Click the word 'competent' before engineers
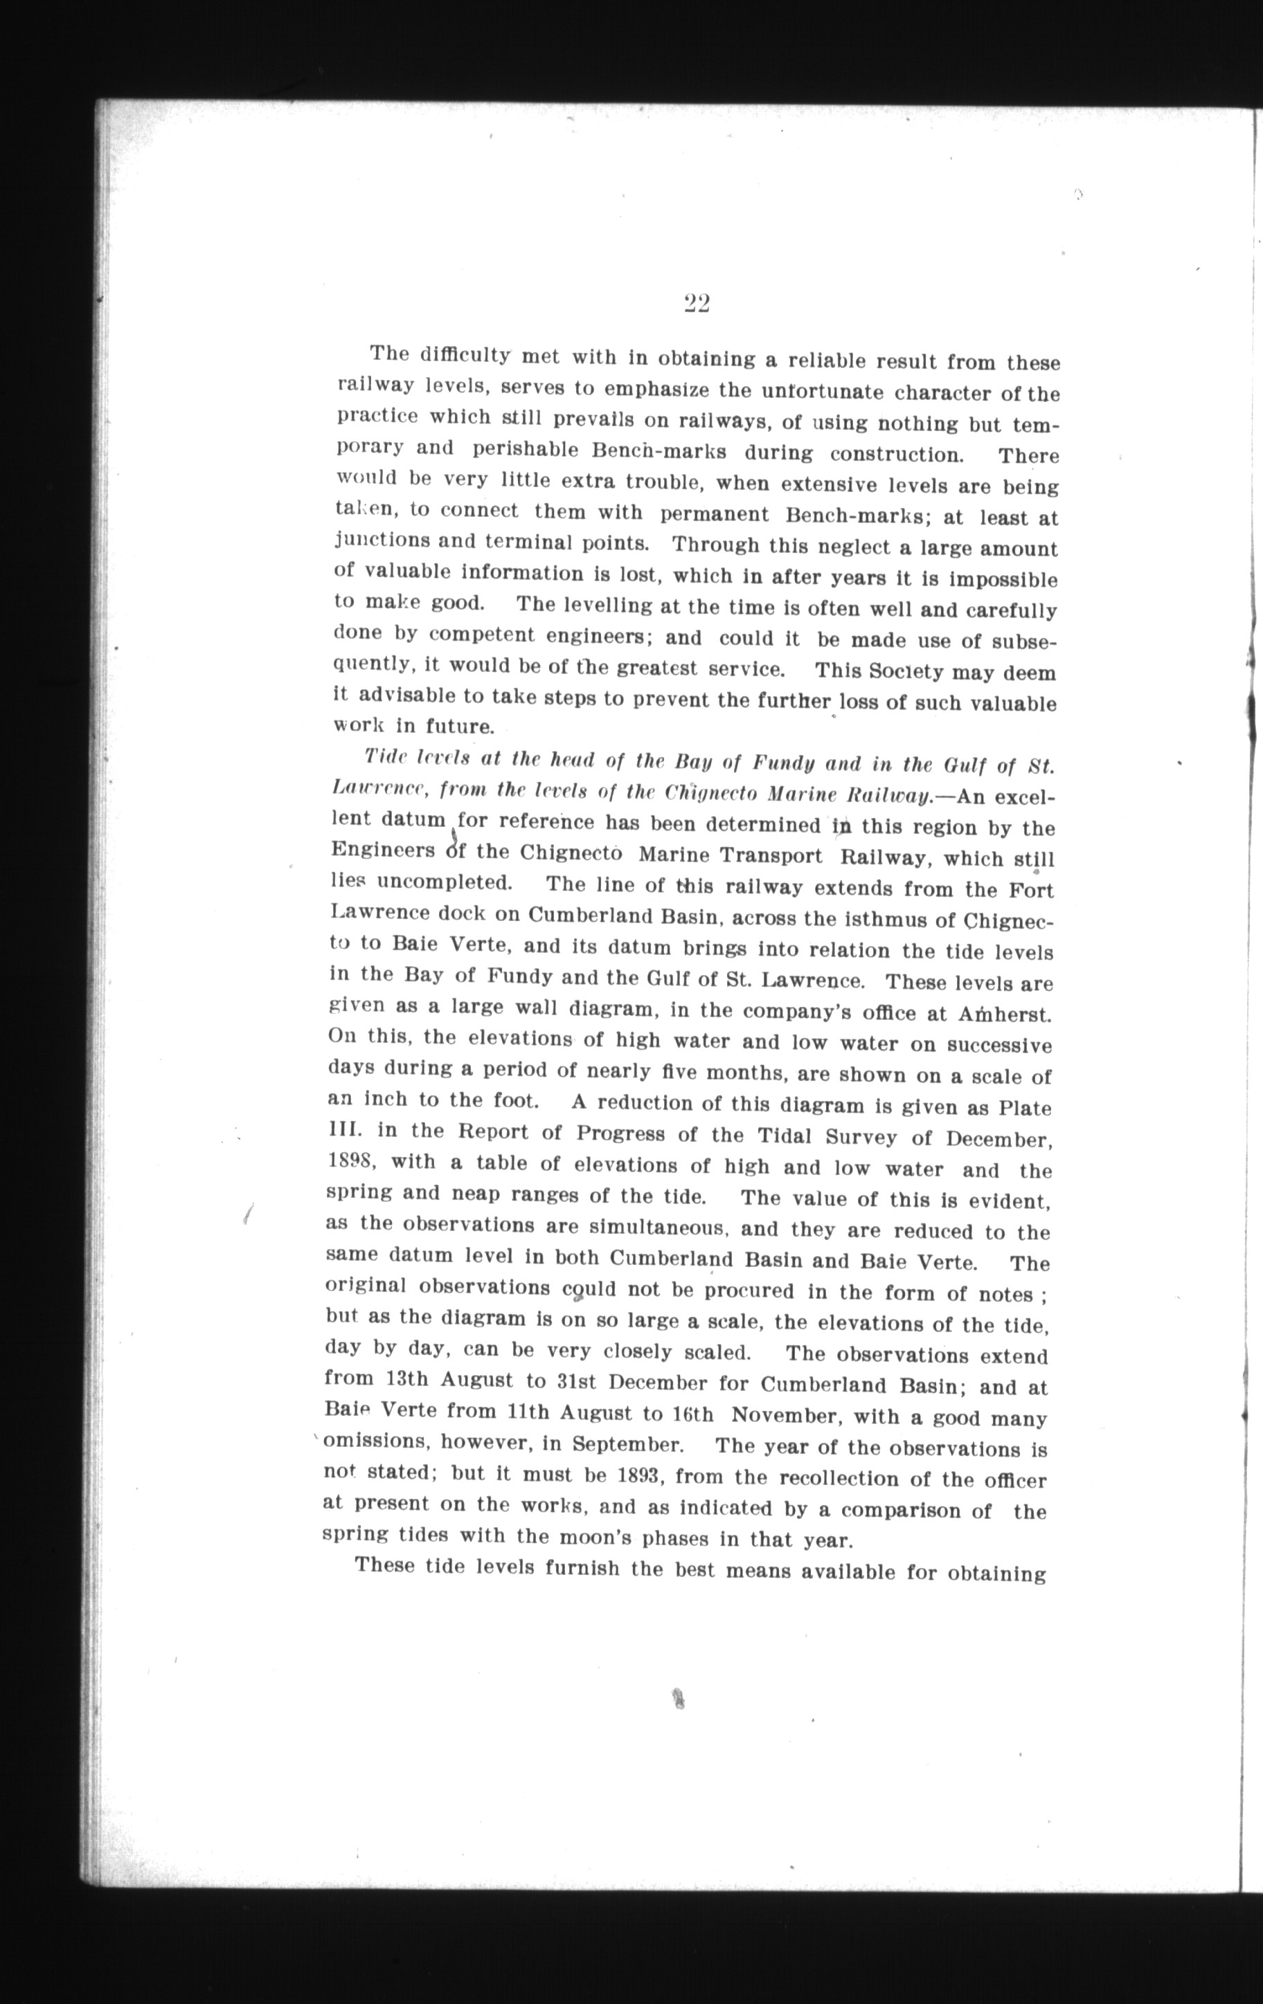click(x=481, y=635)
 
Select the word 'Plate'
click(x=1025, y=1109)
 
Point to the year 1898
click(x=350, y=1161)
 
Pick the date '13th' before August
click(x=407, y=1378)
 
